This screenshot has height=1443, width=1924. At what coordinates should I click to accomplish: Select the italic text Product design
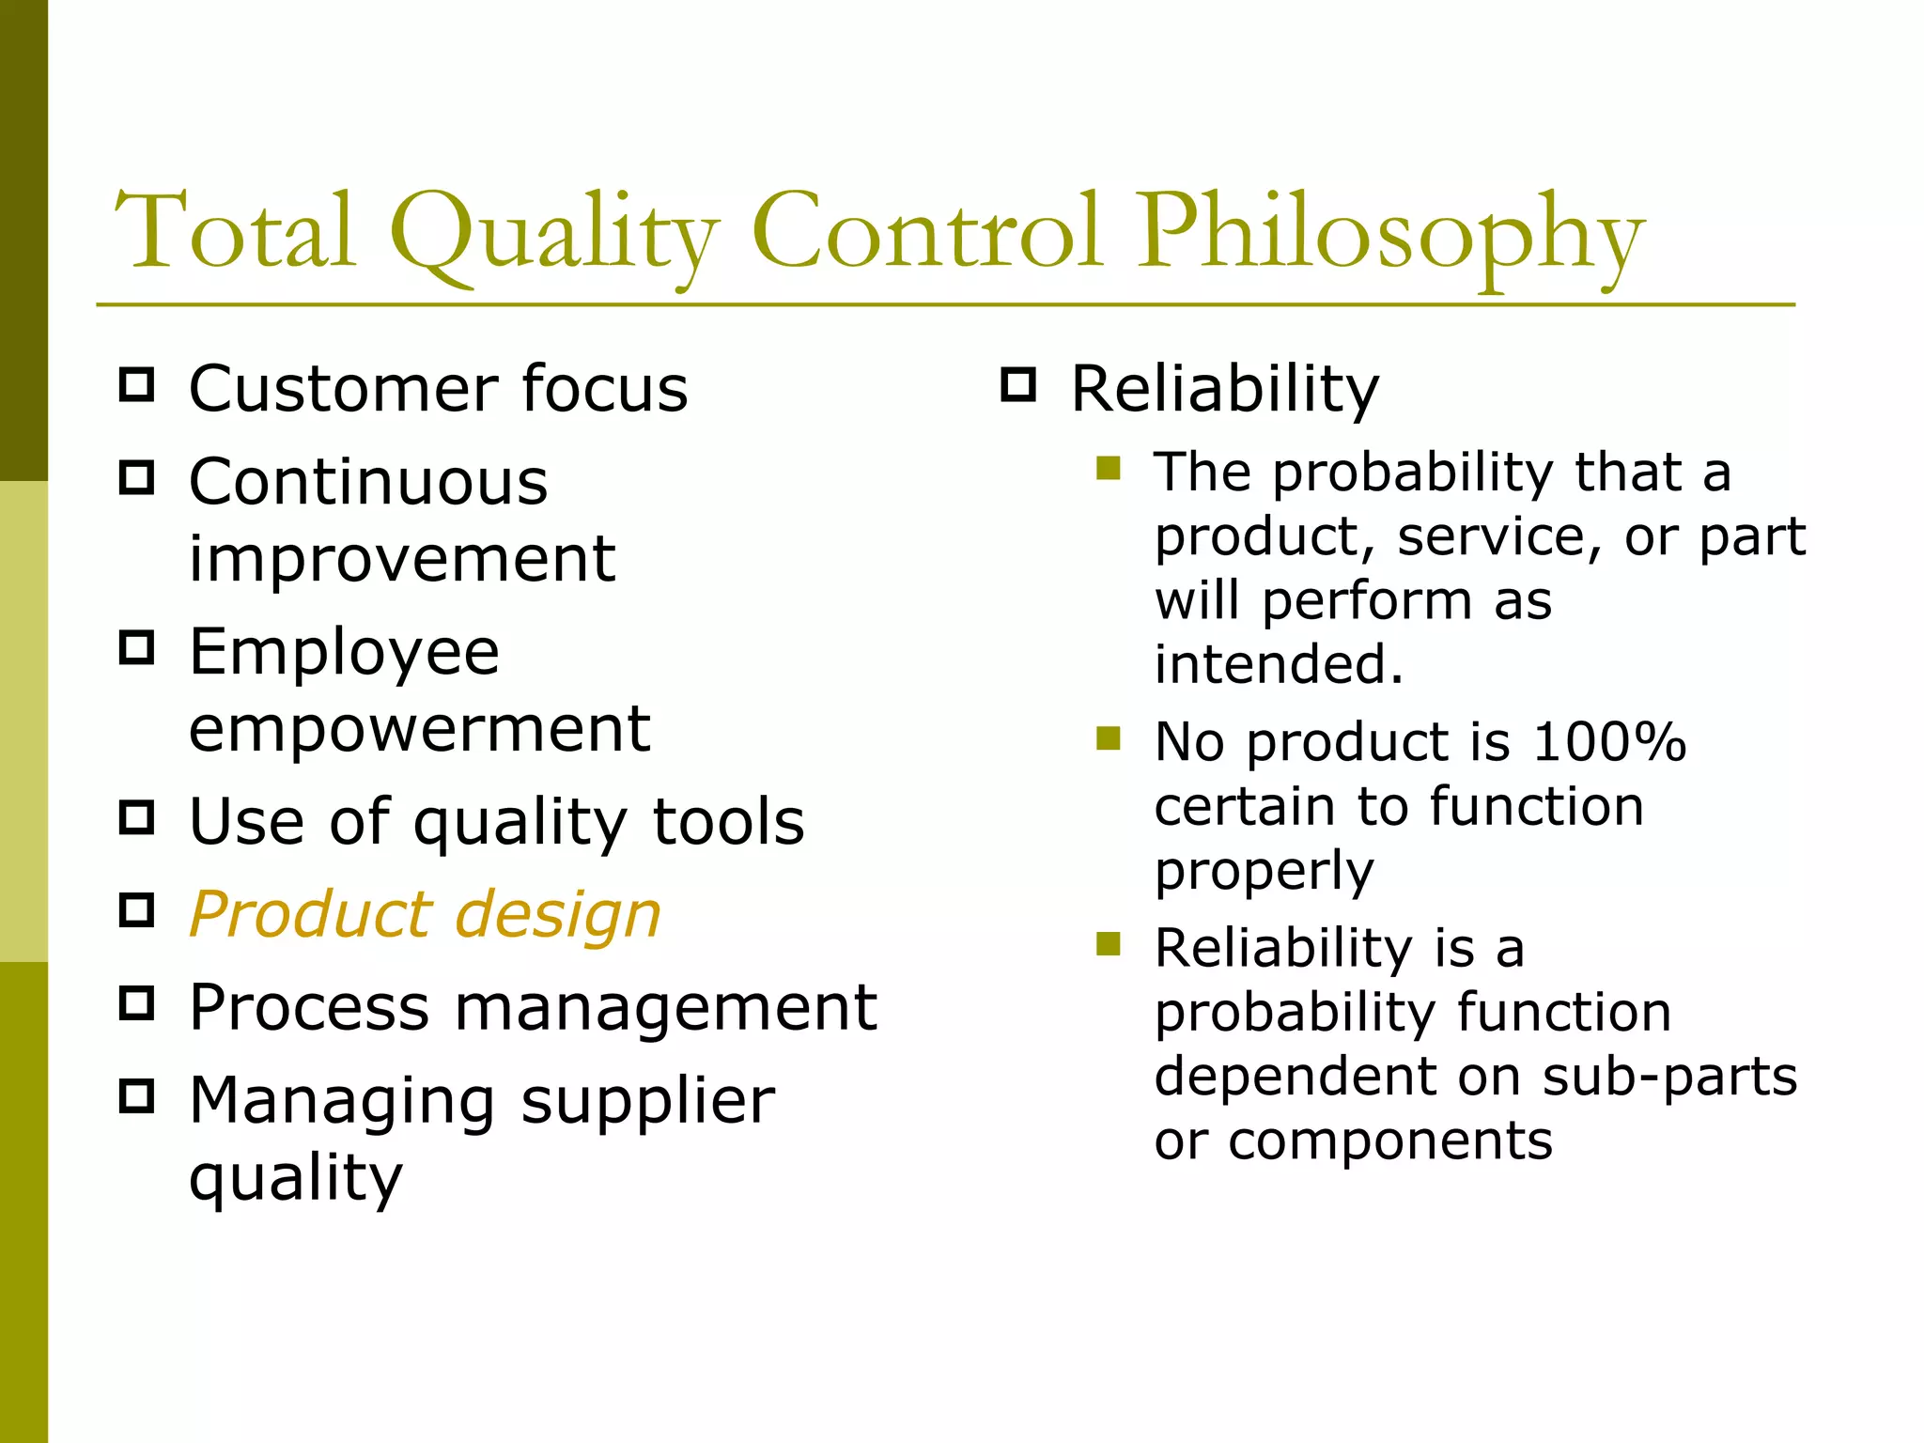(x=425, y=914)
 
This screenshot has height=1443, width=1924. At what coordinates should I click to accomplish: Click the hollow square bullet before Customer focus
(x=137, y=385)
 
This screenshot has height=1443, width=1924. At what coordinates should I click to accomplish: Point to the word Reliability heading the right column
(x=1224, y=388)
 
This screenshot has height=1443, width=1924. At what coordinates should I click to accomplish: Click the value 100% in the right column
(x=1609, y=742)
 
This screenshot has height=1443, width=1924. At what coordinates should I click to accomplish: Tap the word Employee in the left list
(x=344, y=652)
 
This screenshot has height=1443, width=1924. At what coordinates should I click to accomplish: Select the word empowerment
(x=419, y=728)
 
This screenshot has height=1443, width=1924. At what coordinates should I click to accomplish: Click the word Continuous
(x=368, y=482)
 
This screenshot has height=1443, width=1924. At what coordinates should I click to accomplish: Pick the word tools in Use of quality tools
(x=728, y=821)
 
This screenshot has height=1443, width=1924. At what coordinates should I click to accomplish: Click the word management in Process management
(x=666, y=1007)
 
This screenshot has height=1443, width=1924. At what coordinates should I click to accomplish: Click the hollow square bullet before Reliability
(x=1018, y=385)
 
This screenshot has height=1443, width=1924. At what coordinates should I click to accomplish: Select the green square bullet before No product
(x=1109, y=738)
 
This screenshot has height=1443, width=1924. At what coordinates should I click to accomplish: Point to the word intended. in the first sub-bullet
(x=1279, y=664)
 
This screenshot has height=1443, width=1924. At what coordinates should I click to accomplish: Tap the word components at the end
(x=1390, y=1140)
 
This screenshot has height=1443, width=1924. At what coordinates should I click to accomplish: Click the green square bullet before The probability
(x=1109, y=468)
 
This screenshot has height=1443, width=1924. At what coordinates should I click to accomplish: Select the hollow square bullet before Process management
(x=137, y=1003)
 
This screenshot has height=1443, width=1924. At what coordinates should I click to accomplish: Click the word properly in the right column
(x=1264, y=872)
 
